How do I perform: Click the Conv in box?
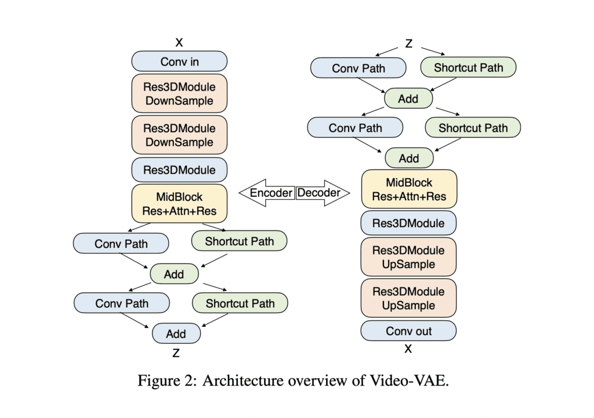click(x=179, y=61)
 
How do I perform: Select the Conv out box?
click(x=408, y=331)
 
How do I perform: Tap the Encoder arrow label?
click(x=271, y=193)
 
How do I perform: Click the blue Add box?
click(x=176, y=334)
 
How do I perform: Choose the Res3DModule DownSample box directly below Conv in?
click(x=179, y=93)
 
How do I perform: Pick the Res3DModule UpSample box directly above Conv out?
click(x=408, y=298)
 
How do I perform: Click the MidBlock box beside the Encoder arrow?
click(x=179, y=204)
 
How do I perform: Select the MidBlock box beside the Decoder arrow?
click(x=408, y=189)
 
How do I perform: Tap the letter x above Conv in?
click(x=179, y=42)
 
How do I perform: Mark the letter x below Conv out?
click(x=408, y=349)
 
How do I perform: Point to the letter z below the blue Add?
click(x=176, y=352)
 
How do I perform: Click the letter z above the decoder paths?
click(x=408, y=44)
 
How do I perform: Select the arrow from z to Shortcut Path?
click(x=432, y=51)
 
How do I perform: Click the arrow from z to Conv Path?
click(x=387, y=52)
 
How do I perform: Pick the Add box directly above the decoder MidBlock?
click(x=408, y=158)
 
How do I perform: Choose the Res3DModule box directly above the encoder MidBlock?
click(x=179, y=170)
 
